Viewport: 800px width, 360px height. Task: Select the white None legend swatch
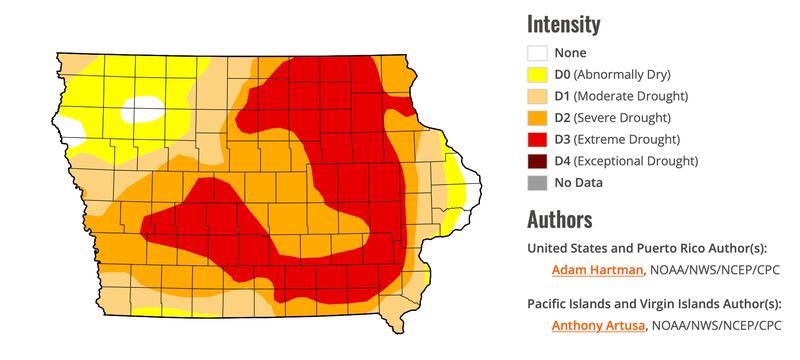[x=538, y=53]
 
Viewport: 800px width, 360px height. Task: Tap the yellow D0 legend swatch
[x=538, y=75]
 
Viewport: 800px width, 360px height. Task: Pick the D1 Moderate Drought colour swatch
[x=538, y=96]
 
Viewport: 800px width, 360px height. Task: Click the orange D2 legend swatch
[x=538, y=117]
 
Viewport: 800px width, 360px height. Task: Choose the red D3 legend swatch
[x=538, y=139]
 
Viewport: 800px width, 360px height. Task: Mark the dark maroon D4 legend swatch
[x=538, y=160]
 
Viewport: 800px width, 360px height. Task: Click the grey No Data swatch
[x=538, y=182]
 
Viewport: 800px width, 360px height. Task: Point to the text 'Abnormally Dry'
[x=623, y=75]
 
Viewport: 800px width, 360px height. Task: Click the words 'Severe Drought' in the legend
[x=628, y=117]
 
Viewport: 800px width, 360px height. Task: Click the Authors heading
[x=559, y=219]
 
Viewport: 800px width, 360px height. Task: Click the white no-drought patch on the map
[x=143, y=107]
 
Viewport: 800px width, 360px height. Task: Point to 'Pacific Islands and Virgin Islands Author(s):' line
[x=653, y=303]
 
